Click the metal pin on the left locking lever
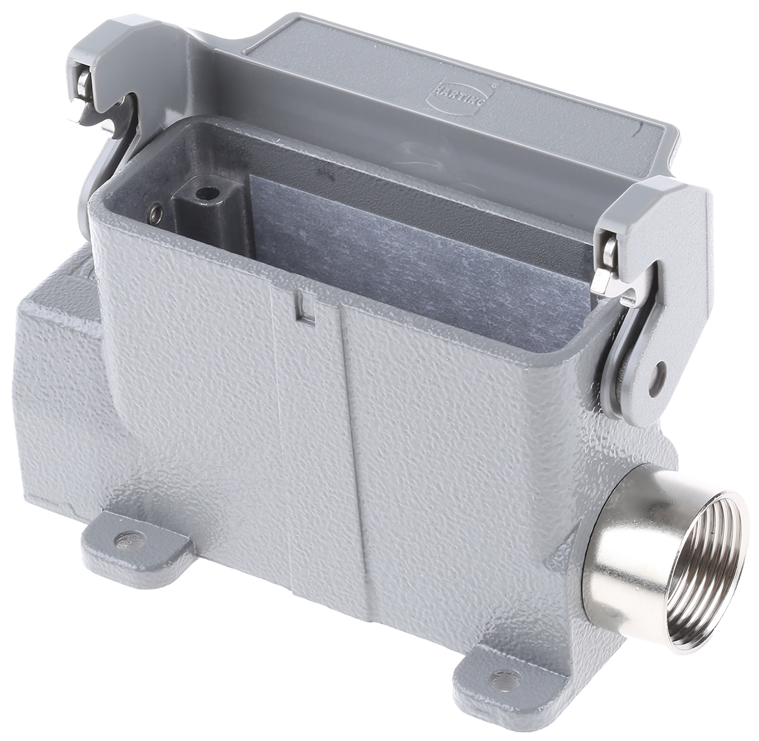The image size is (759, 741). click(x=87, y=95)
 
